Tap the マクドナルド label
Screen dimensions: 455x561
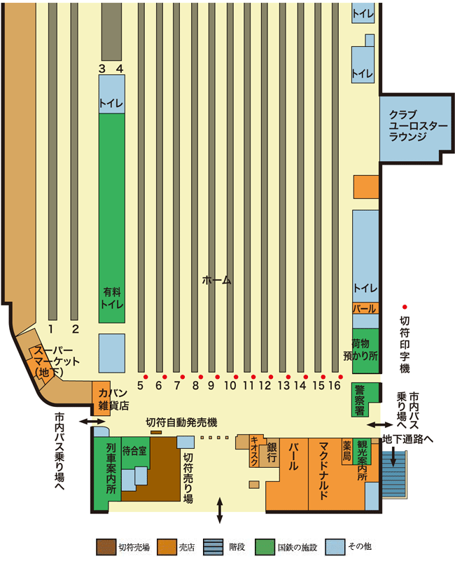323,471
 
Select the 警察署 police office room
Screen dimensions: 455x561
365,399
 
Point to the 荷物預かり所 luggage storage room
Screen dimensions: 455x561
365,352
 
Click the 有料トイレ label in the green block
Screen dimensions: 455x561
112,298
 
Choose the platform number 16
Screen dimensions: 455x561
334,385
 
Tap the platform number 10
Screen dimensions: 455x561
230,385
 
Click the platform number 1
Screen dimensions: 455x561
51,328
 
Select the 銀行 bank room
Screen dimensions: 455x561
272,452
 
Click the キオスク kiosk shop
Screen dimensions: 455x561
254,451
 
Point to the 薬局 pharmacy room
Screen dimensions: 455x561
347,452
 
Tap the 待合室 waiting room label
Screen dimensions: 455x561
134,450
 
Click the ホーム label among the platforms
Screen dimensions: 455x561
217,279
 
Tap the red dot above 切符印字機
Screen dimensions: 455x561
405,307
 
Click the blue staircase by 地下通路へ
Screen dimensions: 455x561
394,474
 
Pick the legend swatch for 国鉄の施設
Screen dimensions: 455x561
265,548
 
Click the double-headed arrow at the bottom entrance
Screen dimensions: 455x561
220,511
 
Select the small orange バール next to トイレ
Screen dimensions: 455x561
365,308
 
